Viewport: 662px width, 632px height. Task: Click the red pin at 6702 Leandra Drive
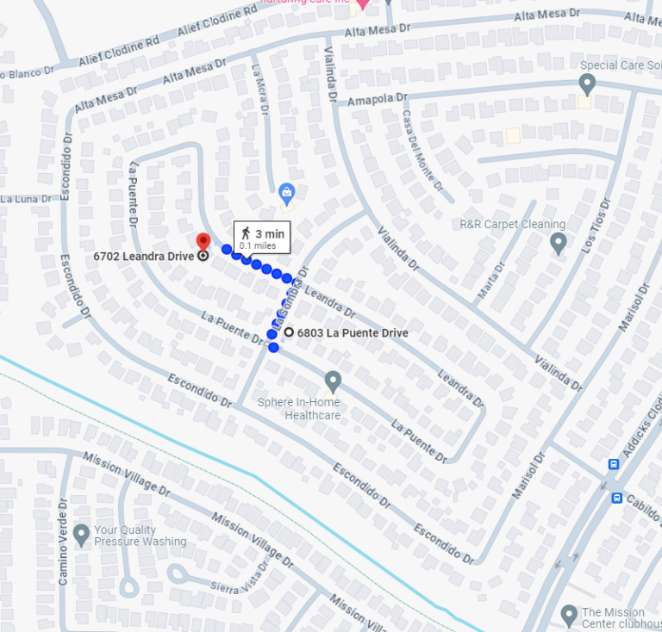coord(203,241)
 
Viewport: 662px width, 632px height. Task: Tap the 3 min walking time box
coord(262,238)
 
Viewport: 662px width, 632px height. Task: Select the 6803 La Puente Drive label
coord(353,333)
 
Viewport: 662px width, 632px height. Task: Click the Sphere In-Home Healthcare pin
coord(333,381)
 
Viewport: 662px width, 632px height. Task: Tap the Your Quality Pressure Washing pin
coord(82,535)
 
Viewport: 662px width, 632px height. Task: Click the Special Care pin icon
coord(587,84)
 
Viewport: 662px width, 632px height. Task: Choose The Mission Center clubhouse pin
coord(568,615)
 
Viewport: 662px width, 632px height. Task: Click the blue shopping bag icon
coord(287,192)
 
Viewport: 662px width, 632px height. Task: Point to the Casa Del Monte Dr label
coord(422,152)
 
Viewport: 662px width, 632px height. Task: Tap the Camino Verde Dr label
coord(63,543)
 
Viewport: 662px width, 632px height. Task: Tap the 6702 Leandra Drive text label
coord(144,256)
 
